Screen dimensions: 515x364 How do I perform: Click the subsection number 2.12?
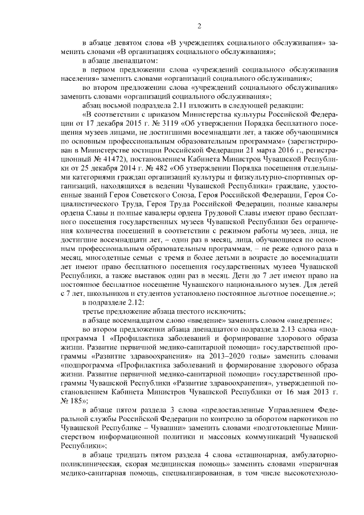tap(134, 303)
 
